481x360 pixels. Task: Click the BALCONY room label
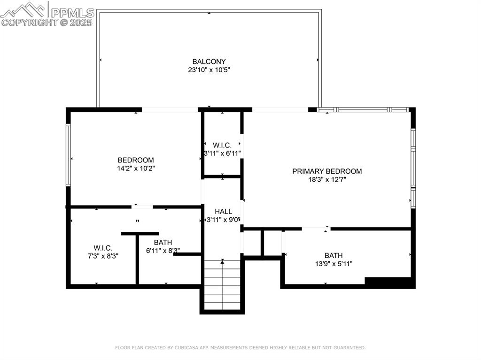[209, 61]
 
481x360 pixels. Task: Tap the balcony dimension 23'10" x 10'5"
[209, 70]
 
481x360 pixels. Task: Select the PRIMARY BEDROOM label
[327, 171]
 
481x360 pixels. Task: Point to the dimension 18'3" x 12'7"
[327, 179]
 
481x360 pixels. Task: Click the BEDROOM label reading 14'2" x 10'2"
[136, 160]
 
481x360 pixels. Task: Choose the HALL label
[223, 211]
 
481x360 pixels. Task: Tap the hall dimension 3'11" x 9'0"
[224, 219]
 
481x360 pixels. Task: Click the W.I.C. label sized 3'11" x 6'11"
[222, 145]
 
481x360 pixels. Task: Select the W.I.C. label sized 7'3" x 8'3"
[103, 247]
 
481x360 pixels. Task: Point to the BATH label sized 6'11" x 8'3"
[163, 242]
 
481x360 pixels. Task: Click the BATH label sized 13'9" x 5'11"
[334, 255]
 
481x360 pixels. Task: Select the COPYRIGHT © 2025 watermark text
[47, 22]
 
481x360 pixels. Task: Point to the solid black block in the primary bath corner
[389, 283]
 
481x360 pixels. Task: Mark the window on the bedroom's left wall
[69, 154]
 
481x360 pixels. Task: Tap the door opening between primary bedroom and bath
[316, 229]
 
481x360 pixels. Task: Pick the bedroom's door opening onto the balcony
[170, 110]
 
